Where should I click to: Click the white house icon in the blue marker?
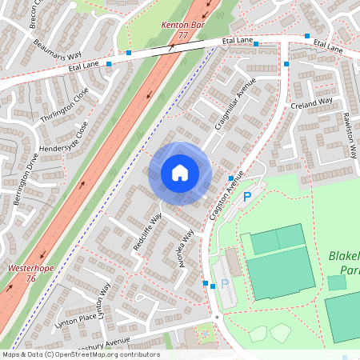[x=179, y=173]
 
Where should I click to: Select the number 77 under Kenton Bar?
[x=182, y=36]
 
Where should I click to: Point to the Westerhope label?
[x=30, y=269]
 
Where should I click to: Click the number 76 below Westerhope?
[x=30, y=279]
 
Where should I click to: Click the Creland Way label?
[x=312, y=103]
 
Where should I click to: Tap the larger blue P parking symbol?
[x=246, y=196]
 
